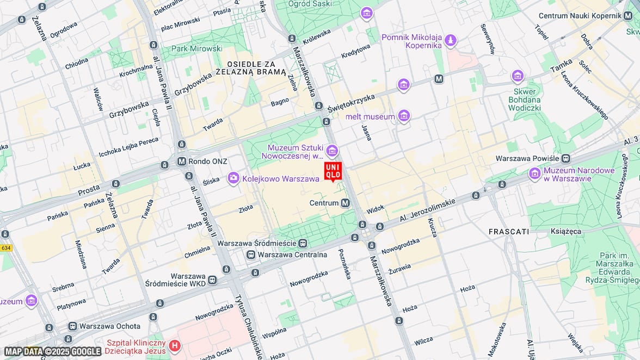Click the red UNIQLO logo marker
(333, 171)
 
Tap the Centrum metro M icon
(345, 203)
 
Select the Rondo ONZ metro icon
(182, 162)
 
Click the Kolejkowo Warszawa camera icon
(233, 178)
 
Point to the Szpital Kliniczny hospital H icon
(175, 345)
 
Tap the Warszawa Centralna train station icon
(251, 255)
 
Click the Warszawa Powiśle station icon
(566, 158)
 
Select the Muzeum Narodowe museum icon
(535, 173)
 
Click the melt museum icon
(403, 116)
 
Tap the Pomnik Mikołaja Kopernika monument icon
(450, 40)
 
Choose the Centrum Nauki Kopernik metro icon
(628, 16)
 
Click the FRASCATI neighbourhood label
(508, 231)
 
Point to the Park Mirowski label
(197, 48)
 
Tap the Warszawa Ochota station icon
(72, 326)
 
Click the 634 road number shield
(5, 248)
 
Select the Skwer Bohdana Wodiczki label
(524, 100)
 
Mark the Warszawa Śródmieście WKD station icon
(212, 280)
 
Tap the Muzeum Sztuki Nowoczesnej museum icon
(331, 150)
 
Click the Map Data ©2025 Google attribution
(53, 351)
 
